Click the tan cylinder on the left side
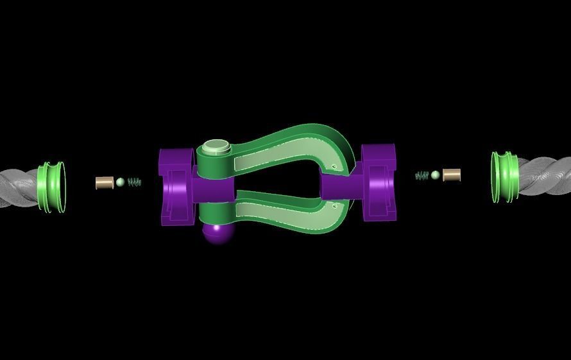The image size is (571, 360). pos(104,183)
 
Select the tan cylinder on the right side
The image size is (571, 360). pos(452,175)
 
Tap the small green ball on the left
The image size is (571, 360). pos(120,182)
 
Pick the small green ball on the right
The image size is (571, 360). pos(436,175)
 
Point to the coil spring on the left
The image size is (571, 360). pos(134,182)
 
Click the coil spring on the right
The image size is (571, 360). pos(422,175)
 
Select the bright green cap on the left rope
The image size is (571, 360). pos(51,187)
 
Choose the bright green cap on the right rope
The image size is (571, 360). pos(504,176)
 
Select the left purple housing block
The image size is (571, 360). pos(176,187)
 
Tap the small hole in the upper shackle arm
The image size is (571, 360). pos(335,167)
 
